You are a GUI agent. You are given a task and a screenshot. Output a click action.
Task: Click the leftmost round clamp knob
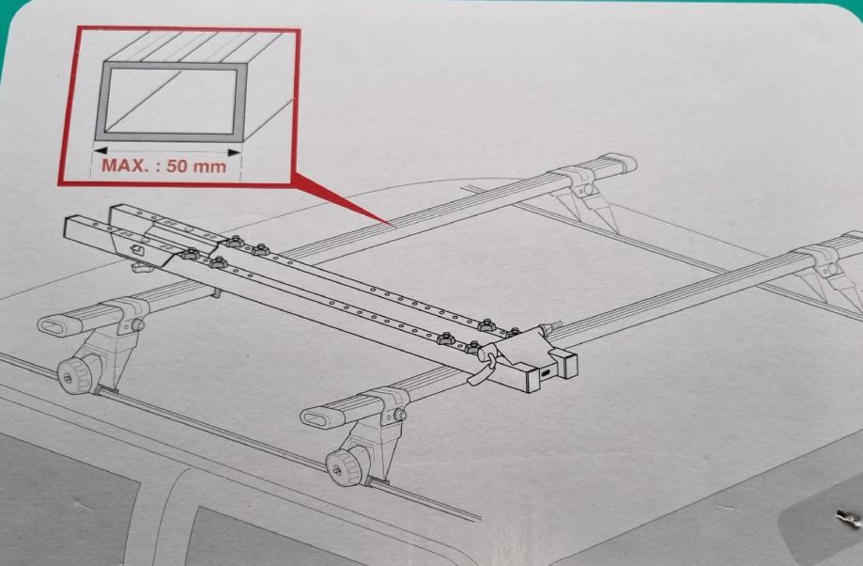coord(71,377)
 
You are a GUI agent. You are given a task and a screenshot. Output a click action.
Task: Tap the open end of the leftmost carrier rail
coord(73,227)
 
